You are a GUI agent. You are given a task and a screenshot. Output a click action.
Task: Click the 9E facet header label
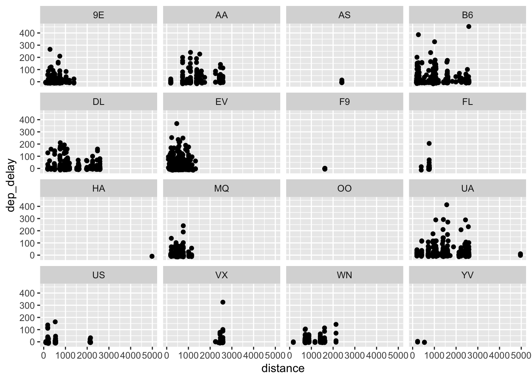pos(99,15)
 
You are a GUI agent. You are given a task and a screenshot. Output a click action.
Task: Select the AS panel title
pos(344,15)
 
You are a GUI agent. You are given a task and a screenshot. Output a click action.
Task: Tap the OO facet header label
pos(344,189)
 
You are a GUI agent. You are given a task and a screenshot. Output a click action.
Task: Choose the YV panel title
pos(467,275)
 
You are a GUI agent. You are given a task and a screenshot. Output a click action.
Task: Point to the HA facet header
pos(99,189)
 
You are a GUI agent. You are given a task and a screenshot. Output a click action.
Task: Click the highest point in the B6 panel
pos(469,27)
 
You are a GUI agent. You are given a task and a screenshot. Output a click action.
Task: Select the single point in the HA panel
pos(152,256)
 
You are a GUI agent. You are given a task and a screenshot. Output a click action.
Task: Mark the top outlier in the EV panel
pos(177,123)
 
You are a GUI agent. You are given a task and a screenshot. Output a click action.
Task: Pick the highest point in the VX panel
pos(223,302)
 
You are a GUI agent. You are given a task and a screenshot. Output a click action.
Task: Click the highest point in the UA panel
pos(446,205)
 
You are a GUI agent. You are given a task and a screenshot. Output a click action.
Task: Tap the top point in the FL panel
pos(429,143)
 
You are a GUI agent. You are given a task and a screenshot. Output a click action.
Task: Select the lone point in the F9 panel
pos(325,169)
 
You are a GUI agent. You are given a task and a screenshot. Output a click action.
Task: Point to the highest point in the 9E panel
pos(50,49)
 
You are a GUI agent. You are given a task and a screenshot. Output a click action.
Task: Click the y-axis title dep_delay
pos(11,185)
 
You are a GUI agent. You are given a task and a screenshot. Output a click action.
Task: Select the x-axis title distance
pos(283,369)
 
